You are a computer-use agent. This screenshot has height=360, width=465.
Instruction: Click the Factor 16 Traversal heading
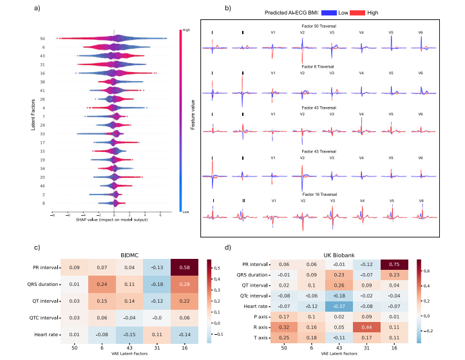(x=319, y=193)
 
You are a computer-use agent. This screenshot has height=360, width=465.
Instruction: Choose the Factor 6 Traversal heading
(x=319, y=66)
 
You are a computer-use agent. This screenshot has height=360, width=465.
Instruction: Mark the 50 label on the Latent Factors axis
(x=42, y=39)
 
